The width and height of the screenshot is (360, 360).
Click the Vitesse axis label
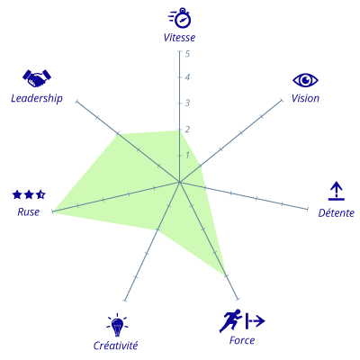(179, 38)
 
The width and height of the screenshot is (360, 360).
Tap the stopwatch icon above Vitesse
(180, 18)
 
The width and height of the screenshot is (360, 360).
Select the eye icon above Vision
(305, 80)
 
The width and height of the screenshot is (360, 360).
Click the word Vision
(305, 98)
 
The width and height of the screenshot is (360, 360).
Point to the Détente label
(337, 212)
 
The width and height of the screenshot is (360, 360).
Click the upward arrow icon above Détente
(337, 191)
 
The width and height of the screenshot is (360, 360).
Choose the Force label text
(242, 340)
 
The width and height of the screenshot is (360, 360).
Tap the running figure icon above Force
(242, 320)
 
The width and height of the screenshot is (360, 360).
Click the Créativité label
(115, 346)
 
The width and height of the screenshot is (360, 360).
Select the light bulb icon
(117, 325)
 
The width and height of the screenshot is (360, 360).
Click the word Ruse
(29, 212)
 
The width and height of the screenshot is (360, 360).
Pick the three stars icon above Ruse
(29, 194)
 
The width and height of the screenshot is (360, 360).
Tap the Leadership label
(37, 98)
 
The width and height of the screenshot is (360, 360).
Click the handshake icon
(37, 78)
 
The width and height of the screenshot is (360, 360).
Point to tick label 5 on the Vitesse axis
(187, 54)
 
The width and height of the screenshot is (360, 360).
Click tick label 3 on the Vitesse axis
(187, 103)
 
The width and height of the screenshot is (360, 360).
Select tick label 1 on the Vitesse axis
(187, 155)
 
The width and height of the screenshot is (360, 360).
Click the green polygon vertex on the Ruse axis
(53, 211)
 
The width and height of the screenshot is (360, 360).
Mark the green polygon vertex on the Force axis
(225, 275)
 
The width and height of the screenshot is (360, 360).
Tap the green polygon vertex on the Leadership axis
(118, 134)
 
